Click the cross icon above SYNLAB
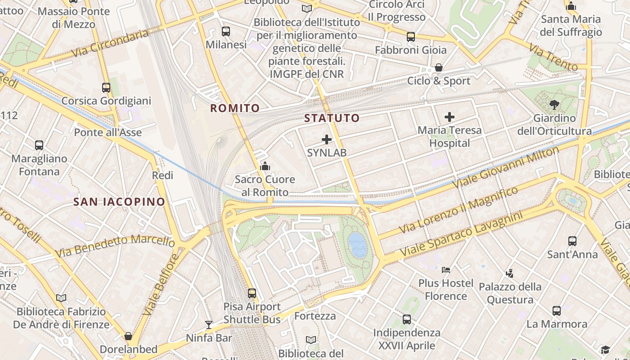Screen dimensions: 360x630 [x=327, y=139]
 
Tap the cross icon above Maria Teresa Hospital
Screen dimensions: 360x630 [x=449, y=117]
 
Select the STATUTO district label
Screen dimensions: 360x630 [x=332, y=118]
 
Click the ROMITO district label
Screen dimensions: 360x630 [x=235, y=108]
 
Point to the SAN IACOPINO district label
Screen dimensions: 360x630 [x=119, y=202]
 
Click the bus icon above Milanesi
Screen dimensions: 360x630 [x=226, y=31]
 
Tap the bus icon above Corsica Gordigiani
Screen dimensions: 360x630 [x=106, y=88]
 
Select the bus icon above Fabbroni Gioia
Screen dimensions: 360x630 [x=411, y=37]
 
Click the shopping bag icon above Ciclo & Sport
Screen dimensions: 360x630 [x=439, y=68]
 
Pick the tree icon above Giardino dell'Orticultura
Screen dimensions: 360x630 [x=554, y=105]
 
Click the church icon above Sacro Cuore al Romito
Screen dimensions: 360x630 [x=265, y=166]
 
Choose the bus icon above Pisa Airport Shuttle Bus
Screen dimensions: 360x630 [x=252, y=293]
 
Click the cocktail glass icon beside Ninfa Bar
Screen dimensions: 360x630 [x=209, y=324]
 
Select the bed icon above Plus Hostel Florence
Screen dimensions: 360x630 [x=446, y=270]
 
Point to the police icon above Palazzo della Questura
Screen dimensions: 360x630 [x=509, y=273]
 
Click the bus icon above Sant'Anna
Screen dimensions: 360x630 [x=572, y=241]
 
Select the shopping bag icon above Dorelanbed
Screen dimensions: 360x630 [x=128, y=336]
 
